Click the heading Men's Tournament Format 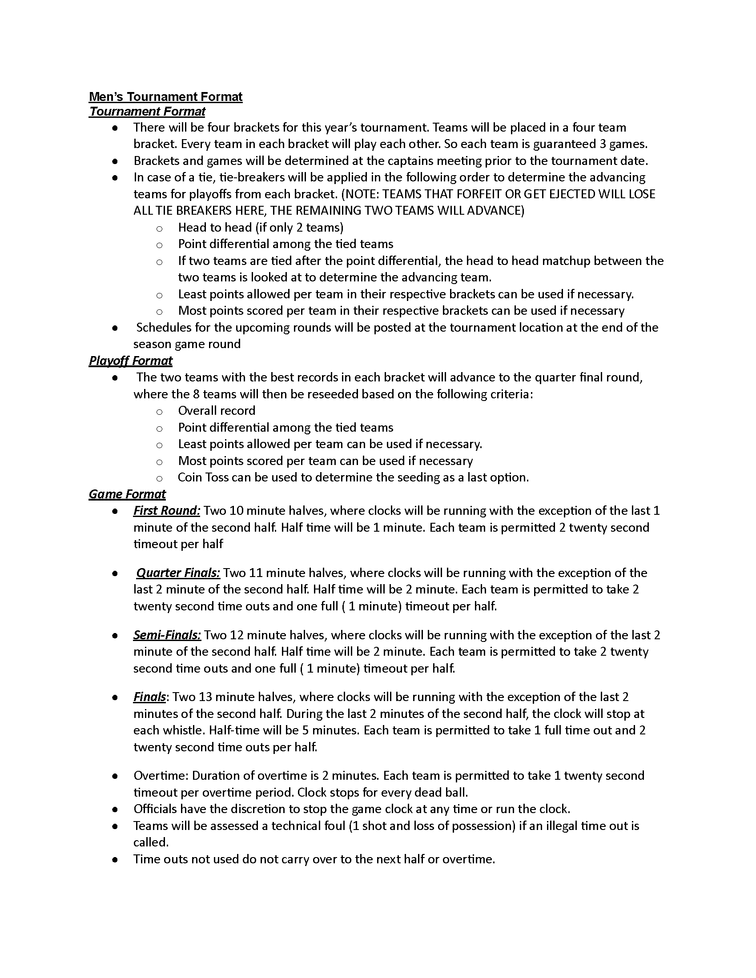pyautogui.click(x=165, y=97)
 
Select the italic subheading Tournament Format pyautogui.click(x=147, y=112)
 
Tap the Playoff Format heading pyautogui.click(x=130, y=361)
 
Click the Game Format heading pyautogui.click(x=127, y=494)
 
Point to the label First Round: pyautogui.click(x=167, y=511)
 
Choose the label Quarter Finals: pyautogui.click(x=178, y=573)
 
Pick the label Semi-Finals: pyautogui.click(x=167, y=635)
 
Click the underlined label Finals pyautogui.click(x=149, y=697)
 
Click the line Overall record pyautogui.click(x=217, y=411)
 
